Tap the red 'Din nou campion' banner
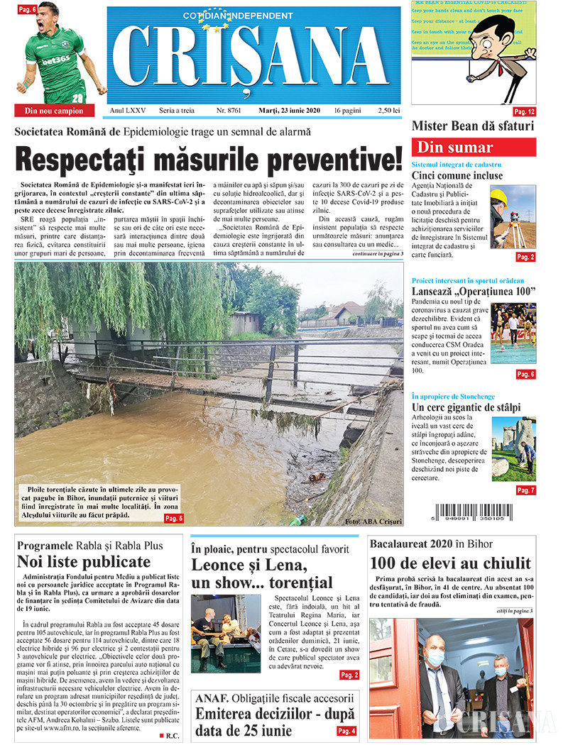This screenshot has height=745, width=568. point(54,111)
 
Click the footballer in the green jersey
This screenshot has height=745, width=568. point(57,53)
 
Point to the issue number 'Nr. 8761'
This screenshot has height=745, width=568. point(228,111)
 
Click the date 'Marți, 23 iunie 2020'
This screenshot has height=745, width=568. point(285,111)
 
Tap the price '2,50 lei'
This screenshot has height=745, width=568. point(389,111)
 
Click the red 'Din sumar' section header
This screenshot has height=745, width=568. point(474,148)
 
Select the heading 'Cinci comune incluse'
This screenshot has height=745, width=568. point(457,175)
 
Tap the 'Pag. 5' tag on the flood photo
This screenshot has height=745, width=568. point(174,519)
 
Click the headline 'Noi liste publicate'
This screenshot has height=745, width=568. point(84,562)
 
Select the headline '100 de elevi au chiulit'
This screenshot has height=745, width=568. point(450,563)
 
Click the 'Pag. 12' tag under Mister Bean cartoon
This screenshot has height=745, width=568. point(525,112)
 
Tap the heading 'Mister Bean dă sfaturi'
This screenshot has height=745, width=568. point(473,127)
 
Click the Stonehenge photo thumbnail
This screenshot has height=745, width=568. point(514,449)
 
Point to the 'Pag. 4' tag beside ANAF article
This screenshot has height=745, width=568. point(346,731)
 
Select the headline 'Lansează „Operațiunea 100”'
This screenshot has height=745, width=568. point(474,292)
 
